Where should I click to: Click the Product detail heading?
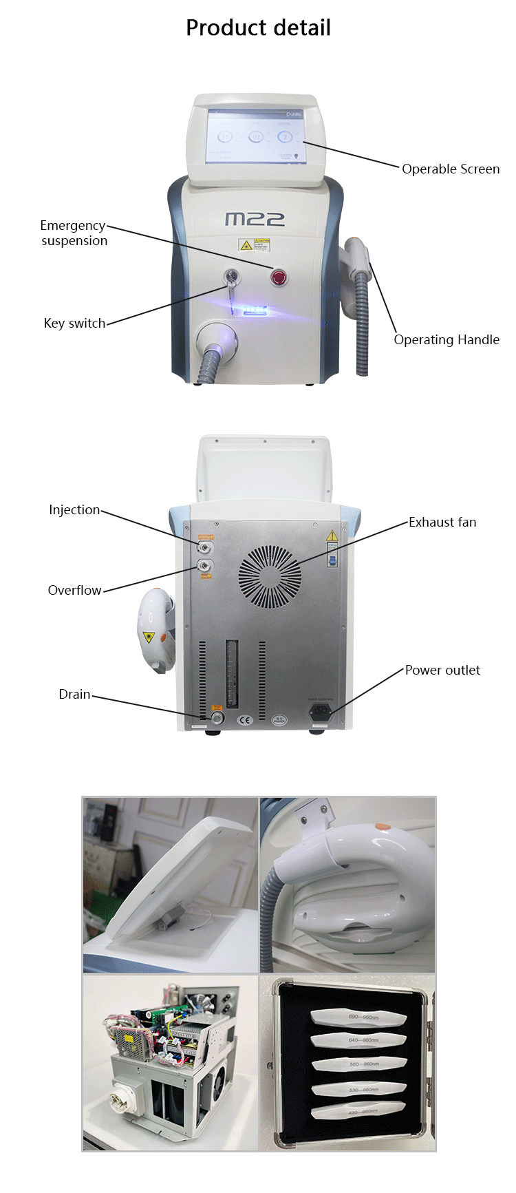click(258, 28)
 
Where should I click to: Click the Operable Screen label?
click(451, 169)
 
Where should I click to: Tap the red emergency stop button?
click(279, 277)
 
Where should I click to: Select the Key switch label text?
click(74, 324)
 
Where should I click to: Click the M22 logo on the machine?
click(255, 219)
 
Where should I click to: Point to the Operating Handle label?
click(447, 340)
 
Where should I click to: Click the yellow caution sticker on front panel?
click(245, 245)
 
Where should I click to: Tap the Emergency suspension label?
click(74, 233)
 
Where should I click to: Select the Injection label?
click(74, 510)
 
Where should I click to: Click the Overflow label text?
click(74, 591)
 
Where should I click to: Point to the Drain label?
click(74, 695)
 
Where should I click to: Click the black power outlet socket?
click(321, 711)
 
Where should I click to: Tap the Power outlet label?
click(442, 671)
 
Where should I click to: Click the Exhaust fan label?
click(442, 522)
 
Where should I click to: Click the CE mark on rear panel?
click(245, 720)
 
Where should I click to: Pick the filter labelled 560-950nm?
click(359, 1064)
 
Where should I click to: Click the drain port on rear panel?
click(217, 718)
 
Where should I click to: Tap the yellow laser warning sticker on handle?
click(148, 637)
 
